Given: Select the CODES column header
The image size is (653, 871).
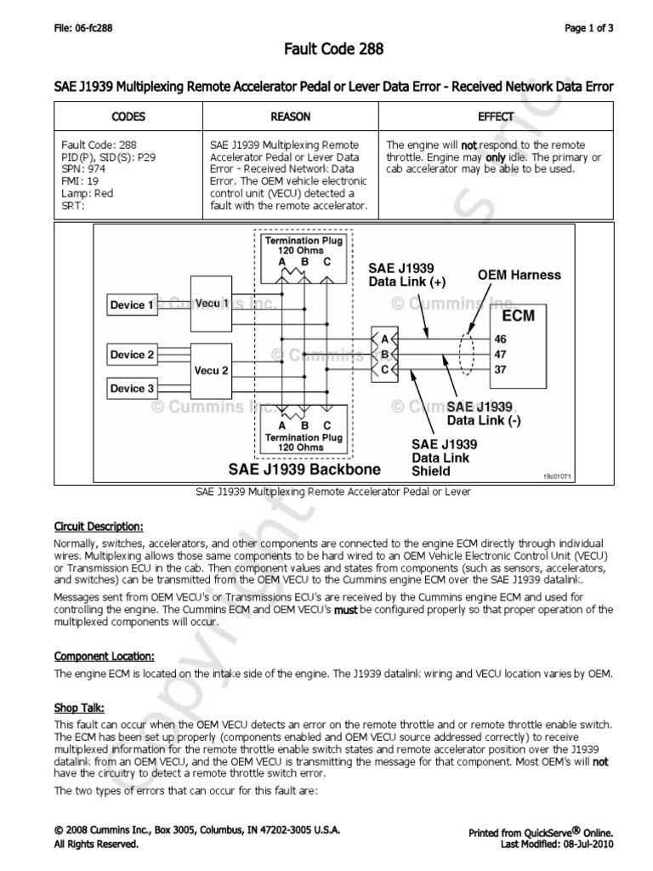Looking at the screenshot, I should [x=128, y=117].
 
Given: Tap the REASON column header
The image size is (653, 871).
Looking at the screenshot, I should [x=290, y=117].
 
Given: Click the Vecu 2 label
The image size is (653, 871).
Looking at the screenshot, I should [x=212, y=371].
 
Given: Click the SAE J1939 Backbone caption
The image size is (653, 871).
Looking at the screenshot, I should [x=304, y=469].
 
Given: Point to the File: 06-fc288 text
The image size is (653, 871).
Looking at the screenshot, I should [x=83, y=28].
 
